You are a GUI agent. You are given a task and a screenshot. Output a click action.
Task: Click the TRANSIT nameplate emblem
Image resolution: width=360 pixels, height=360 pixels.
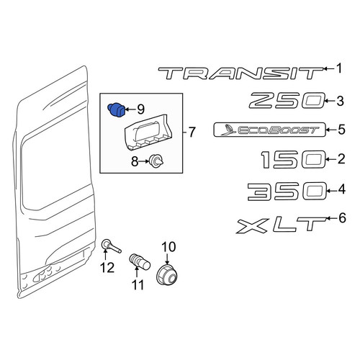tap(240, 73)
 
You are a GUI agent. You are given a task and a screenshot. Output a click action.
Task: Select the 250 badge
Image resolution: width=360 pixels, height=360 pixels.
tap(287, 101)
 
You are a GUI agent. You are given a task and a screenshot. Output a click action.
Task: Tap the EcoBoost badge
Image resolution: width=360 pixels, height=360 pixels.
tap(269, 130)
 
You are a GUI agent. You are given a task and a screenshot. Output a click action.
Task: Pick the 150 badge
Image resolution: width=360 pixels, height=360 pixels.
tap(293, 160)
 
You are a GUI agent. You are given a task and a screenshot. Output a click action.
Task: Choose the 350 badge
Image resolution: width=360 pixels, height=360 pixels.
tap(287, 192)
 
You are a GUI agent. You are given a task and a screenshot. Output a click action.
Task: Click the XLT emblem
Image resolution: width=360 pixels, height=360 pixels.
tap(282, 225)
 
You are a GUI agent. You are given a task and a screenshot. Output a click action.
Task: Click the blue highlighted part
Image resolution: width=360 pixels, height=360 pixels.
tap(116, 109)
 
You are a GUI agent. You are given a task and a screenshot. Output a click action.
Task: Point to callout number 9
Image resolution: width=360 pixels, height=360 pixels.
tap(140, 109)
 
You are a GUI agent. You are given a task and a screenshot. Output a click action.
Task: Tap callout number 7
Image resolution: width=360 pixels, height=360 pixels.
tap(192, 132)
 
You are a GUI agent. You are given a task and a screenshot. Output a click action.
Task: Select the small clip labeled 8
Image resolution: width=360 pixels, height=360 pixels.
tap(156, 161)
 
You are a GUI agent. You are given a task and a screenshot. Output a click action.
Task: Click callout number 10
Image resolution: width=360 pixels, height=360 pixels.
tap(168, 247)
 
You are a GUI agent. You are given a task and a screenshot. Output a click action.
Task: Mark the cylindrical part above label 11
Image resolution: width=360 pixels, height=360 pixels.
tap(140, 261)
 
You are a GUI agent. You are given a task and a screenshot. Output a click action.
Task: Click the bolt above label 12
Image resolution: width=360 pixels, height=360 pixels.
tap(111, 246)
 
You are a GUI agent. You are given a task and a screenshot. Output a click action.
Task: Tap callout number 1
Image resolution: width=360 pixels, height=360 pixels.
tap(339, 68)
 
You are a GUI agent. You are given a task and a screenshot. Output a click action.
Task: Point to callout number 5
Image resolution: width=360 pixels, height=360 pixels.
tap(341, 130)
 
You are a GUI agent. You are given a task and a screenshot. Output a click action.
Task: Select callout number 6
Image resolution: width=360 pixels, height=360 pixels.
tap(342, 217)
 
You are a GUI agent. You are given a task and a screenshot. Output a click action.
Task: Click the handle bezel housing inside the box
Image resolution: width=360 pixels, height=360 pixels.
tap(148, 132)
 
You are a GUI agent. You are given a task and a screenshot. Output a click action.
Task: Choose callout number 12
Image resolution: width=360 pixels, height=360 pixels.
tap(107, 268)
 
